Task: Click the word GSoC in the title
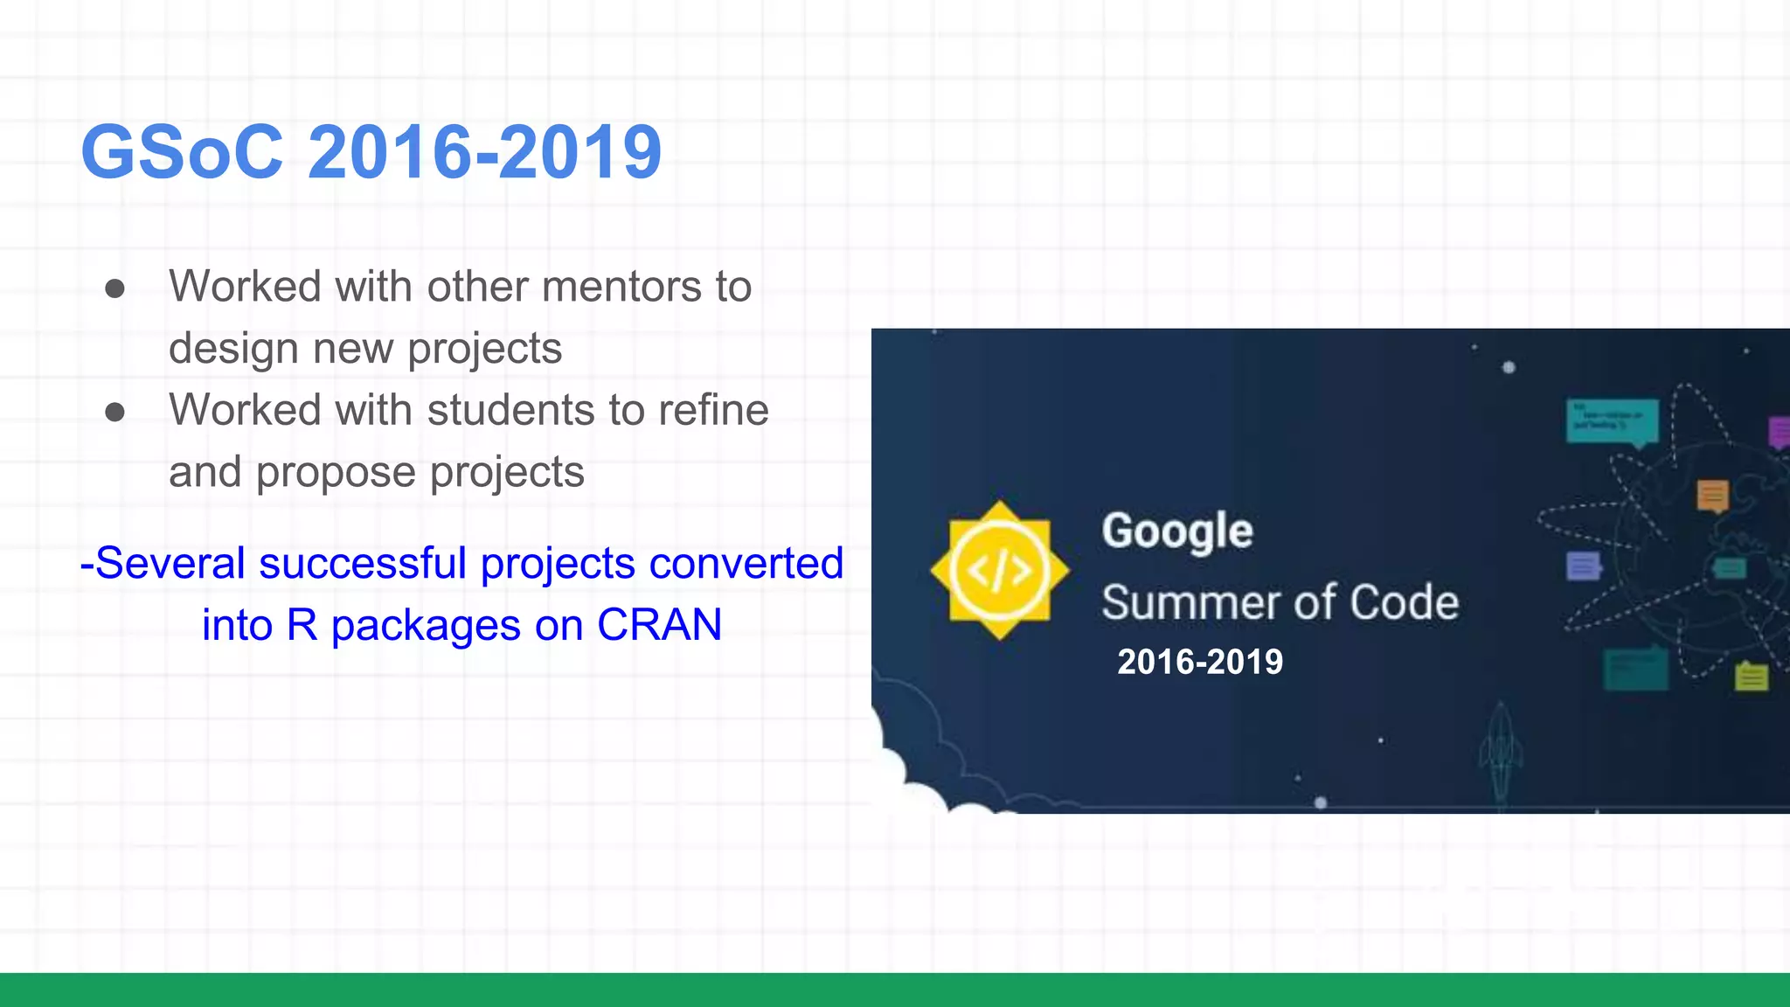[182, 153]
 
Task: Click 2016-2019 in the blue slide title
[484, 153]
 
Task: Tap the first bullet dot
[114, 288]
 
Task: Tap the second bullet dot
[114, 412]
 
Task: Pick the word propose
[336, 473]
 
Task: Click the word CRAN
[659, 625]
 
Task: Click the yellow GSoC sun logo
[999, 571]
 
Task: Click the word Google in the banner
[1176, 531]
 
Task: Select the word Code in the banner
[1404, 602]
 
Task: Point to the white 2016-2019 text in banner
[1199, 662]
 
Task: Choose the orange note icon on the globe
[1712, 496]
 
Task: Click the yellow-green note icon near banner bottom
[1751, 677]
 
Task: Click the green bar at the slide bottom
[895, 990]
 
